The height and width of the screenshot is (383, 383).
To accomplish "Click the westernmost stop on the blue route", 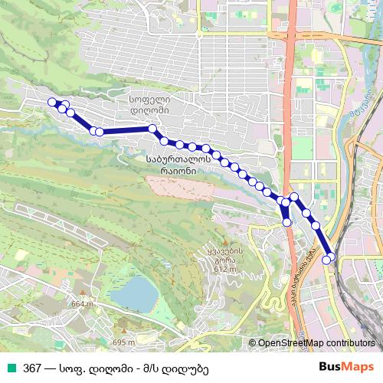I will point(52,102).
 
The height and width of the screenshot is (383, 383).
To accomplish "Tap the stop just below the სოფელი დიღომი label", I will point(153,129).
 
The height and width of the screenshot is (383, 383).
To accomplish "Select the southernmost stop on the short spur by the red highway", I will point(287,222).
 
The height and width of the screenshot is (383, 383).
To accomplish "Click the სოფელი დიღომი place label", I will point(153,104).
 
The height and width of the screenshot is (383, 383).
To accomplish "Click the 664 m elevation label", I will point(81,304).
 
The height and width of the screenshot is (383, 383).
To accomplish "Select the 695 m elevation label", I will point(124,342).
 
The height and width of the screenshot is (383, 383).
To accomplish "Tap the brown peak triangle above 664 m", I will point(80,296).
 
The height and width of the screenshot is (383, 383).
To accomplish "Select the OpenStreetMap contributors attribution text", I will point(316,343).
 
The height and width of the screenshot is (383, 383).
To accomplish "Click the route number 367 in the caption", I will point(31,368).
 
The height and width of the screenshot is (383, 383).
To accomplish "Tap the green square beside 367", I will point(11,368).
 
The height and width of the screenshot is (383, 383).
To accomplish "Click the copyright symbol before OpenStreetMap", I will point(252,343).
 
